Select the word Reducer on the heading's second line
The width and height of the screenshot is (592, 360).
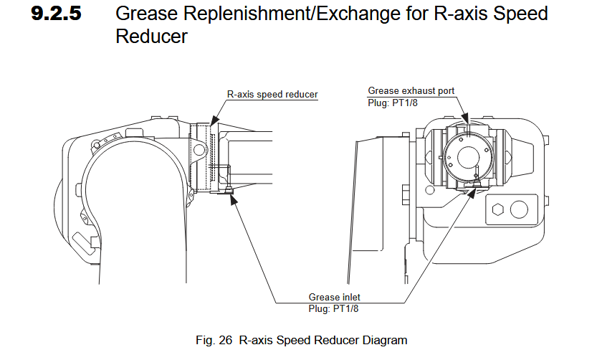[x=151, y=37]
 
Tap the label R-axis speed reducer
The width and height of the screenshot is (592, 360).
[x=272, y=94]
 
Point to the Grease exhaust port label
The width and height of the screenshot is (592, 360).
[x=411, y=91]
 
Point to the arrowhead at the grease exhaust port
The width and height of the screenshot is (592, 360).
[x=466, y=118]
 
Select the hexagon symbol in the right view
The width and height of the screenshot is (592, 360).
[x=495, y=210]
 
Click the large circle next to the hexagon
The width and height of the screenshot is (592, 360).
[x=519, y=209]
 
